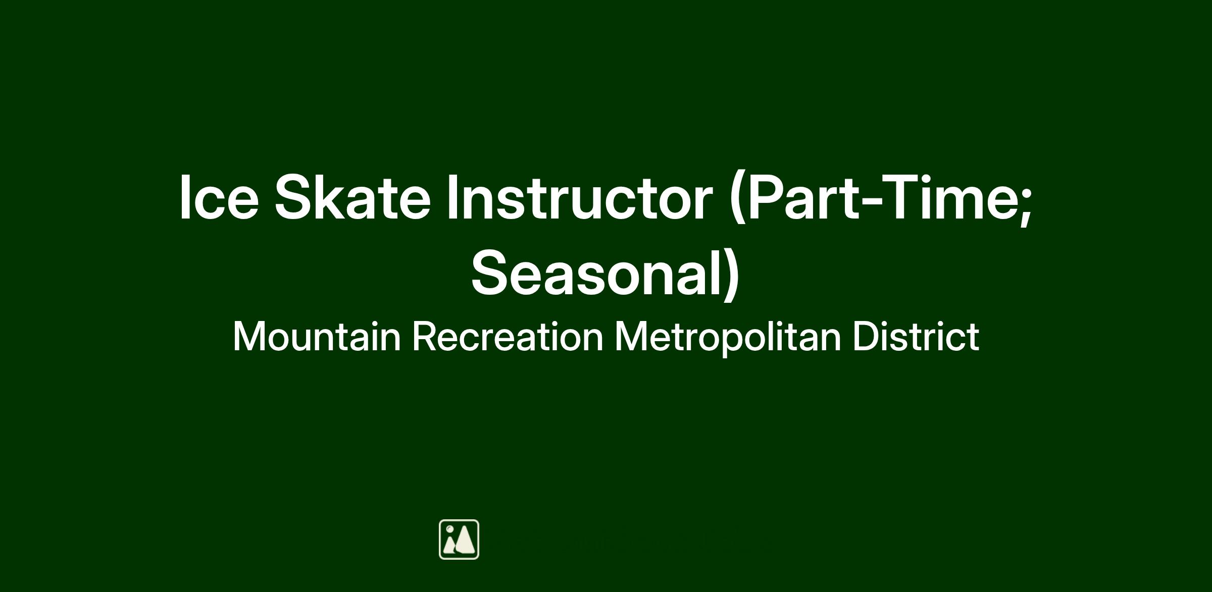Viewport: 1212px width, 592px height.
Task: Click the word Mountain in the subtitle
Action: (317, 337)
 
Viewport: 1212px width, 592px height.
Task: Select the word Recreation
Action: (508, 337)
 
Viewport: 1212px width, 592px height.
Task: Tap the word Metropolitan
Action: (728, 338)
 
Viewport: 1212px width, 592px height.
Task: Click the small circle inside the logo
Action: (450, 529)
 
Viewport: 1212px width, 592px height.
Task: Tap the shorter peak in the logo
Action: (449, 544)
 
